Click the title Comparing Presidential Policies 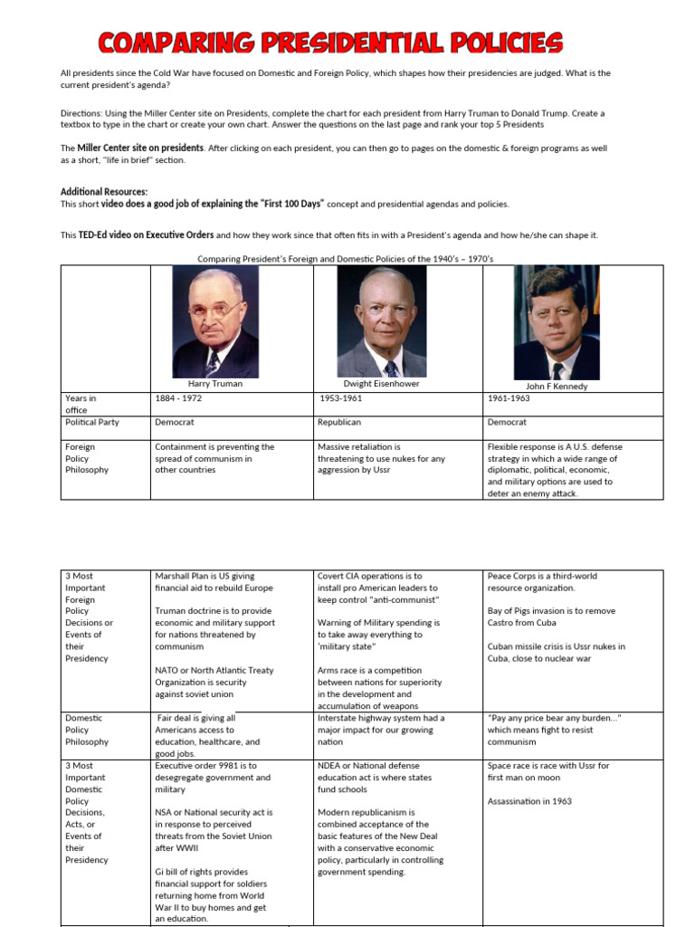click(x=330, y=42)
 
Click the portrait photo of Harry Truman click(x=215, y=322)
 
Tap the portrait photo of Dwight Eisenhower click(x=381, y=322)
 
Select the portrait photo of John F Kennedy click(x=556, y=322)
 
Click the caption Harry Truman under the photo click(x=214, y=384)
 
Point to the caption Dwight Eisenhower click(x=381, y=384)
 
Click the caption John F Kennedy click(x=557, y=386)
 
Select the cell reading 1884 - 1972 click(x=184, y=398)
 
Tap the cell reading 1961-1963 click(x=509, y=398)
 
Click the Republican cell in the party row click(x=339, y=422)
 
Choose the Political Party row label click(x=91, y=422)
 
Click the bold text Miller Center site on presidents click(x=140, y=148)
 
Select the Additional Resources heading click(x=103, y=192)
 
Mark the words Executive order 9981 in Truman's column click(x=199, y=766)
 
